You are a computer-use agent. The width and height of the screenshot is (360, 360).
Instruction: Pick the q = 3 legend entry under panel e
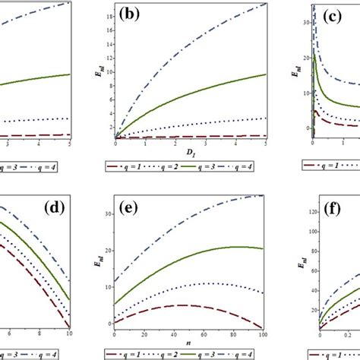pos(202,352)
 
